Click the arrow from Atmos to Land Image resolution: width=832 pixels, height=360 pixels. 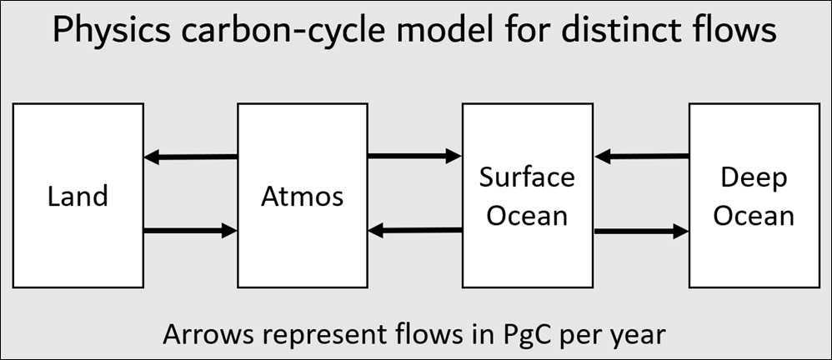(x=190, y=157)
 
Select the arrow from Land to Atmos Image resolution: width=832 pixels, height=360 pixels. (x=190, y=231)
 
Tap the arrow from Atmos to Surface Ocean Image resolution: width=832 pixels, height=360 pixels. (x=415, y=156)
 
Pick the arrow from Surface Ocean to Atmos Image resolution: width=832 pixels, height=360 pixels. (x=415, y=230)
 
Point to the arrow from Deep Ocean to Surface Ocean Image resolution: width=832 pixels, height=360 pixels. (x=642, y=156)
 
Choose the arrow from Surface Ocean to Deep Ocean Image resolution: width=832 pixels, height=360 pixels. (x=642, y=231)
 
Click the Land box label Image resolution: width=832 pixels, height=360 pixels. (x=78, y=196)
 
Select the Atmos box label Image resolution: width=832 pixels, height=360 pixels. (x=303, y=196)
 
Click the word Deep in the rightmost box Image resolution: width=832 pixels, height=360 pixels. (x=754, y=179)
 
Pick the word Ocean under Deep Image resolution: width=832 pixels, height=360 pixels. (x=754, y=217)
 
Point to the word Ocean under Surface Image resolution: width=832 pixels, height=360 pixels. (x=528, y=216)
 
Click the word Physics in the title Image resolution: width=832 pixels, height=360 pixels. (x=112, y=32)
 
